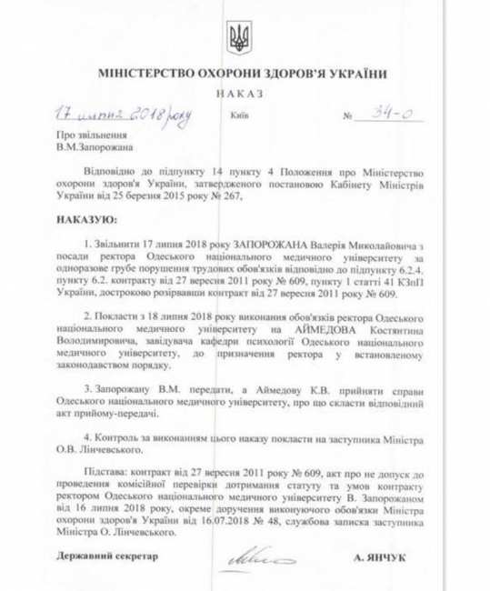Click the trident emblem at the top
click(239, 39)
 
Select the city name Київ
click(239, 116)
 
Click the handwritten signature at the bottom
click(260, 554)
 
